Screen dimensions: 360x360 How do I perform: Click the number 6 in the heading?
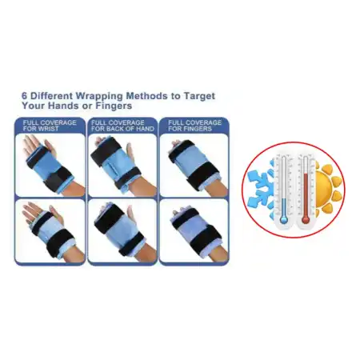[25, 96]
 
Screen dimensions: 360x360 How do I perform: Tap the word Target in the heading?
[199, 96]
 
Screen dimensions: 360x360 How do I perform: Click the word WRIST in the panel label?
[50, 129]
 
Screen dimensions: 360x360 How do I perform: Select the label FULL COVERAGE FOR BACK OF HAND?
[122, 126]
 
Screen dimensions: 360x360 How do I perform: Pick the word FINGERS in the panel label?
[198, 129]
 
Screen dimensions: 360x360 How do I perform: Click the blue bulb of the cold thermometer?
[283, 220]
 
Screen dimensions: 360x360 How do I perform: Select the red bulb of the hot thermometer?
[306, 220]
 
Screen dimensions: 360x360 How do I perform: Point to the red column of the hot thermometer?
[306, 195]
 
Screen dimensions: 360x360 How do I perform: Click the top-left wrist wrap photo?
[50, 165]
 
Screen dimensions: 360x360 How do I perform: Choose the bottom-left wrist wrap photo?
[50, 230]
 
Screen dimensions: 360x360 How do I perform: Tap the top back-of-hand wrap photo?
[122, 165]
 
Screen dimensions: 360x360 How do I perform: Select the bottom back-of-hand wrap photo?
[122, 230]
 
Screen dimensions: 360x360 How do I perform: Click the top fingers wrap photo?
[194, 165]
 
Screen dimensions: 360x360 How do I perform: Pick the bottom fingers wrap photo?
[194, 230]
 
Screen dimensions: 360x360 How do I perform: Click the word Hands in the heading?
[63, 106]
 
